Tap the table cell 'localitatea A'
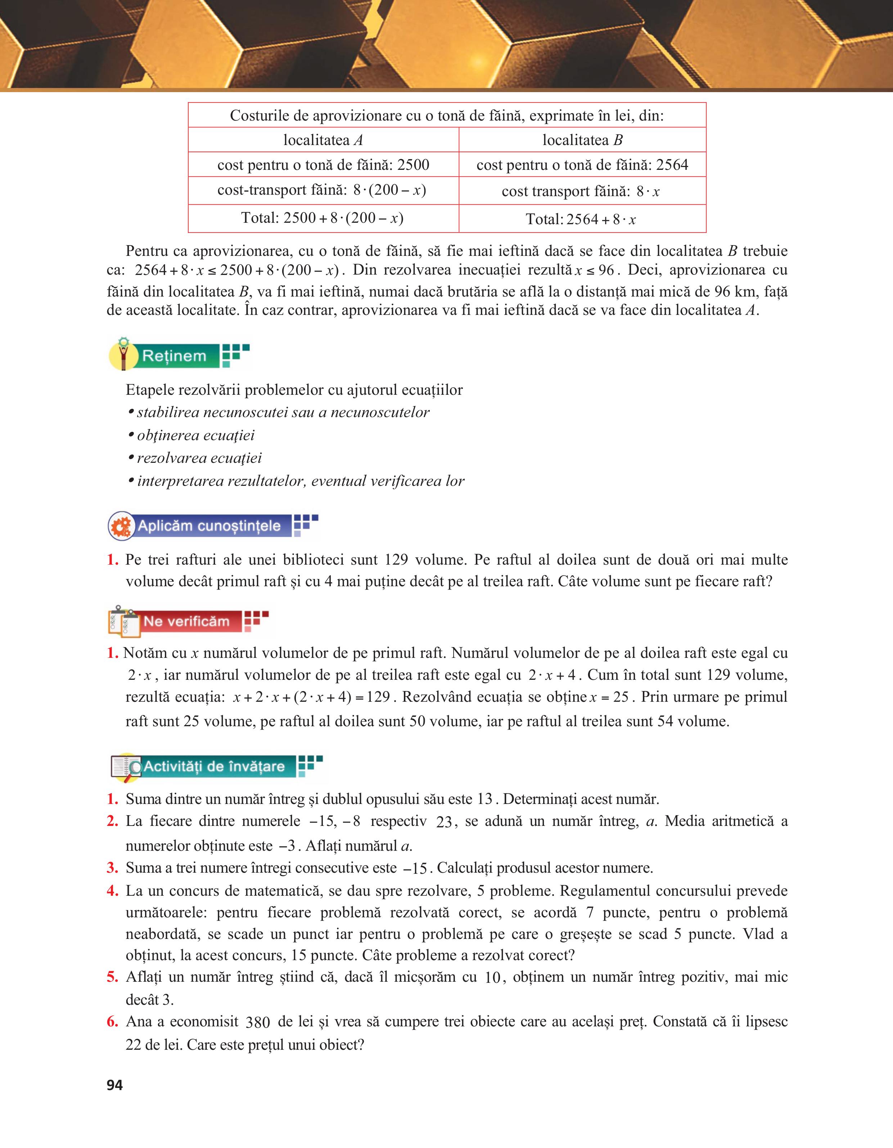point(323,140)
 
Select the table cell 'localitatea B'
point(582,140)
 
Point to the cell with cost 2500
point(323,165)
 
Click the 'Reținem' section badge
point(179,356)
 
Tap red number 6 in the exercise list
point(112,1021)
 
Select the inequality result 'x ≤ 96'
point(594,270)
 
